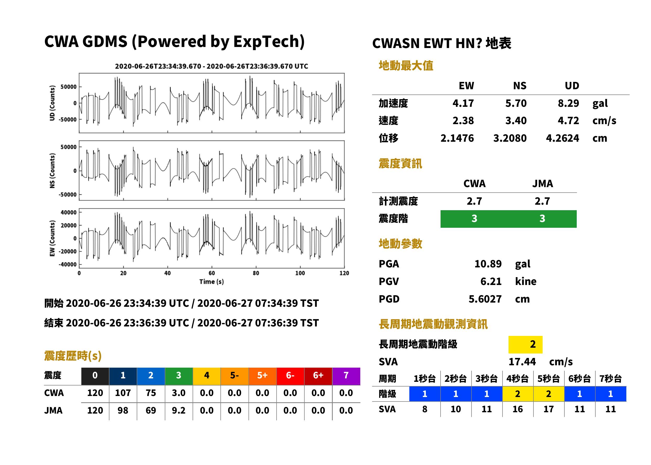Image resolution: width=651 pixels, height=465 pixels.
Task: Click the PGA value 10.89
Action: (x=488, y=264)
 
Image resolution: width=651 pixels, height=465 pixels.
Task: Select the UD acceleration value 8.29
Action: (x=568, y=103)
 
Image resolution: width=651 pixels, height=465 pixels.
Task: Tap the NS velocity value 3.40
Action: (x=516, y=120)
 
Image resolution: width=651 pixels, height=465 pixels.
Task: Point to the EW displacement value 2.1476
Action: (x=457, y=138)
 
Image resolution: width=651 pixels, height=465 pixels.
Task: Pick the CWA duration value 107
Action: (x=123, y=393)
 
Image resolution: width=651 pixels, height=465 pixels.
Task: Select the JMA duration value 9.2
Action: (x=179, y=410)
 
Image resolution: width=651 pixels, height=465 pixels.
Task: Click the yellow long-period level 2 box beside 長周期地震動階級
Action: (x=525, y=344)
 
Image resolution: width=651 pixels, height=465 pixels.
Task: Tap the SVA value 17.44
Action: (x=522, y=362)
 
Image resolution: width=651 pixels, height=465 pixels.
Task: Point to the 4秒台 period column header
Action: (x=517, y=378)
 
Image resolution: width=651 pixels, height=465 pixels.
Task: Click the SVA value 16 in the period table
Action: (x=517, y=409)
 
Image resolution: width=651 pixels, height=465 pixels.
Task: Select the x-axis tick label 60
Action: (x=211, y=273)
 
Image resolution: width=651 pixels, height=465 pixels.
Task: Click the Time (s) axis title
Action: (x=211, y=282)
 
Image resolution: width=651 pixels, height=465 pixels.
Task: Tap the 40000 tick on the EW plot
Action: (x=68, y=213)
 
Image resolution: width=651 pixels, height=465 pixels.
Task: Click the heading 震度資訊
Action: (x=400, y=163)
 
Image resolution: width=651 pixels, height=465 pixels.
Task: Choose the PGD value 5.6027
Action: (x=485, y=299)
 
